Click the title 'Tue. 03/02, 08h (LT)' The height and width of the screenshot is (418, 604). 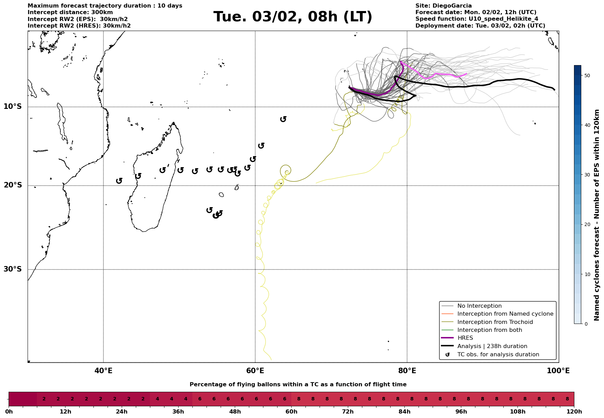293,17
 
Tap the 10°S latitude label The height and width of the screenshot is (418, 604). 13,106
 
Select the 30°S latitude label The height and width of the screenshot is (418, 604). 13,269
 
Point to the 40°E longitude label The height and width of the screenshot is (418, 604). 103,371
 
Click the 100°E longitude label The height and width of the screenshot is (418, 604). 558,371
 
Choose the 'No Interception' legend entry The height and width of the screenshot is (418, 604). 479,306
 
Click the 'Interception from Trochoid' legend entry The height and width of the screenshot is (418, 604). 495,322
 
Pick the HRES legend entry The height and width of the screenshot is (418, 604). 465,338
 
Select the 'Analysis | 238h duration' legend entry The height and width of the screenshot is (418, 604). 492,346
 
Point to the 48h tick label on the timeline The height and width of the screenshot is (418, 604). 235,412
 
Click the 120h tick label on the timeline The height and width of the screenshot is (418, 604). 574,412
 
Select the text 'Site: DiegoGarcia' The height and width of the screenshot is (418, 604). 443,6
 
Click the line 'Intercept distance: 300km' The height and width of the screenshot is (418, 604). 70,12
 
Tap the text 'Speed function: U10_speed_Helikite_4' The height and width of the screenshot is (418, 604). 476,19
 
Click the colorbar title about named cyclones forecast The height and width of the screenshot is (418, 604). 597,215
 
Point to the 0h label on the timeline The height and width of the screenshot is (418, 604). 9,412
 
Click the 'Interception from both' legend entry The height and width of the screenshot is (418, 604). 490,330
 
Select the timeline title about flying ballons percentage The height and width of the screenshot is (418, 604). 298,385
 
